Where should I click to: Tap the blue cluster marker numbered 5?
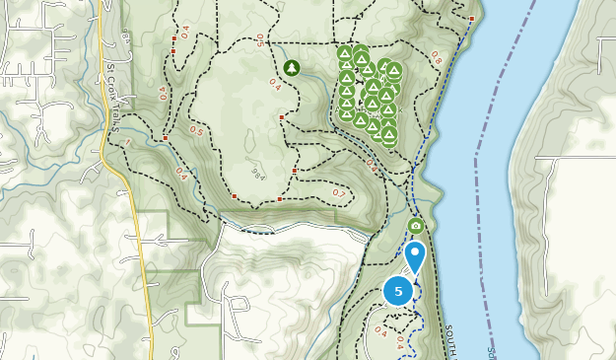coord(398,291)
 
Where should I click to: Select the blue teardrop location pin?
coord(416,255)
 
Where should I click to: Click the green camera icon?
coord(416,226)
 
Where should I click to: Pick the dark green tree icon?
coord(291,67)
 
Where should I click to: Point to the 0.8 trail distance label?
coord(437,58)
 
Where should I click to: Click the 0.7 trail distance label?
coord(339,192)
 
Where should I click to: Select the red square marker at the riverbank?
coord(472,19)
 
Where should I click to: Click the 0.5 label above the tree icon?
coord(260,39)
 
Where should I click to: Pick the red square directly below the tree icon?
coord(282,118)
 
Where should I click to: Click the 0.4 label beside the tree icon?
coord(275,86)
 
